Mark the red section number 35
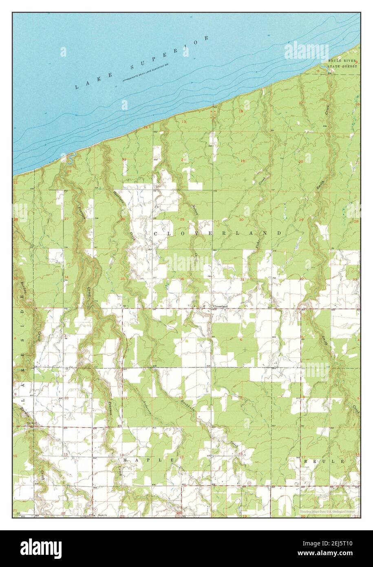click(x=123, y=279)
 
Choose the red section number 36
click(x=182, y=279)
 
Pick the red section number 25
click(x=182, y=219)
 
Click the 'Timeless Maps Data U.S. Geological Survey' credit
click(x=328, y=511)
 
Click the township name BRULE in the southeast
click(x=324, y=461)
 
